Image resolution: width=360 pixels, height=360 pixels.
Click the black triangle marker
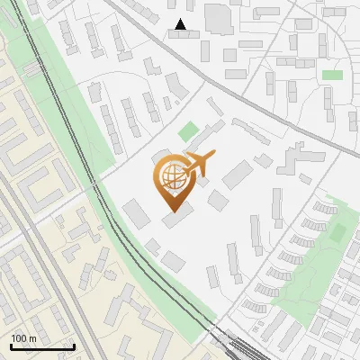[181, 24]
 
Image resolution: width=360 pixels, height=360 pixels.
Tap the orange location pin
[173, 180]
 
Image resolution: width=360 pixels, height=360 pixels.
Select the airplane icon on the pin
[197, 163]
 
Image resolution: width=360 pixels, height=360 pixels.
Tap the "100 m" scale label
[24, 338]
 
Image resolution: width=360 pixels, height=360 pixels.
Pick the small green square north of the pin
[188, 132]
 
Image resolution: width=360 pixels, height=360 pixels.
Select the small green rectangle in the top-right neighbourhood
[333, 75]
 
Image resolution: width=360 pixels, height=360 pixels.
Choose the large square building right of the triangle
[219, 18]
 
